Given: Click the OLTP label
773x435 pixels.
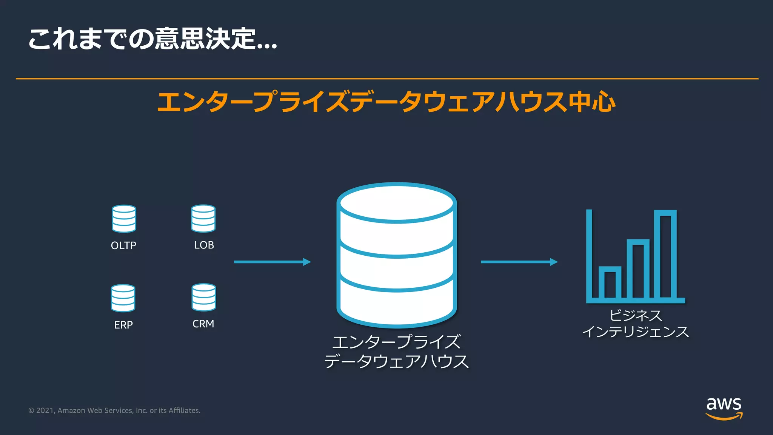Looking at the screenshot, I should [x=123, y=245].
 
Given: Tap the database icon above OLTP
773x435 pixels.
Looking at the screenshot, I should [x=124, y=219].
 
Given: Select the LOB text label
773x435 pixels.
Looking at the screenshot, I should [x=204, y=245].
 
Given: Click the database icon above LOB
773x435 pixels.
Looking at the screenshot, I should [x=203, y=218].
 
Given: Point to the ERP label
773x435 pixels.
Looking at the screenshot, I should [x=123, y=325].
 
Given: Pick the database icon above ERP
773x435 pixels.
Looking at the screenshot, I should [x=123, y=298].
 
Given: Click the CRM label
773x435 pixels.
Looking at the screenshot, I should [x=203, y=324].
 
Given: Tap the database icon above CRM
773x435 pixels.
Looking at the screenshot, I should [x=203, y=297].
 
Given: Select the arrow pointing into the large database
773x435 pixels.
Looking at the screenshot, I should [x=272, y=262].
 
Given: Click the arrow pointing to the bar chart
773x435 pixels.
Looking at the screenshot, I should [x=519, y=262].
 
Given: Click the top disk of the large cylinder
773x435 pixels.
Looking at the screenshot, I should [x=397, y=203].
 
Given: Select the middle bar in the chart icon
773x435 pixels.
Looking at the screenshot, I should [x=638, y=268].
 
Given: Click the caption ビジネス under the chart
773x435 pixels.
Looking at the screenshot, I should [x=636, y=315].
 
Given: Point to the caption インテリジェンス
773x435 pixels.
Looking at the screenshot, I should [x=636, y=332].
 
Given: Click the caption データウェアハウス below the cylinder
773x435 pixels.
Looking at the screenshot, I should [x=396, y=361].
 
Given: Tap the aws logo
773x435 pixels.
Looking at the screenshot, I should [x=724, y=408].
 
